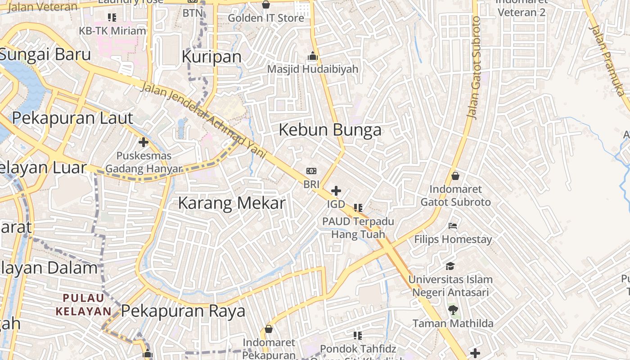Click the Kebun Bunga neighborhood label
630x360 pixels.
coord(330,130)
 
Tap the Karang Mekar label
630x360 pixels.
coord(232,203)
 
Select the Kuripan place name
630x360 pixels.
coord(211,57)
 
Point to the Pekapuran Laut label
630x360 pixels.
coord(72,118)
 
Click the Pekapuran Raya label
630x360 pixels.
coord(183,311)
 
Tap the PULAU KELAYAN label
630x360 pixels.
coord(84,304)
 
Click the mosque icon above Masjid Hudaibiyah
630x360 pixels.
coord(312,57)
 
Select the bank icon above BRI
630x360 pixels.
coord(311,171)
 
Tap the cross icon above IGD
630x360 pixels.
coord(336,191)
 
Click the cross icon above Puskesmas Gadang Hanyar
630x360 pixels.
coord(144,143)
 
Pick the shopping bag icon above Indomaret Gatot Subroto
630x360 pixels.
coord(455,176)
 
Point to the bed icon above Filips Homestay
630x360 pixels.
coord(453,225)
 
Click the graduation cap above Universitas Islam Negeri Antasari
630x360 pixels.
coord(450,266)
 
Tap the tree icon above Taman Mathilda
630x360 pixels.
coord(453,310)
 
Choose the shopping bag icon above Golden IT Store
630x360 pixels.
coord(266,5)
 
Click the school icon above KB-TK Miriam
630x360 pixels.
coord(112,18)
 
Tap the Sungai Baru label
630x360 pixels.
coord(45,54)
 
